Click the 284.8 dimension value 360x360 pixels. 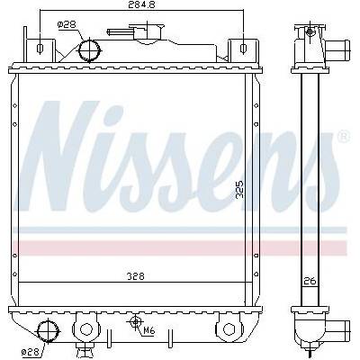141,4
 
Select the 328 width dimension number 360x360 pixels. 136,276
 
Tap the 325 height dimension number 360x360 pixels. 239,190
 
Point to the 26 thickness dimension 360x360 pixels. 310,281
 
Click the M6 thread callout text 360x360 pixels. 149,331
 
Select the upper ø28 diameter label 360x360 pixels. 67,25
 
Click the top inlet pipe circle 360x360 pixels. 89,50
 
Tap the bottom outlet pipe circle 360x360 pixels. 48,331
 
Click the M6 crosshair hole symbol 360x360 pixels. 136,322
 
